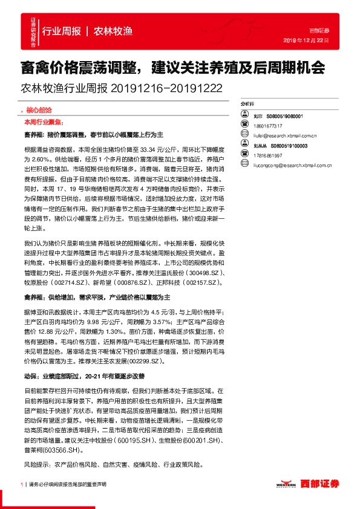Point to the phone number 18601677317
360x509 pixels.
269,126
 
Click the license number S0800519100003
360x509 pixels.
289,146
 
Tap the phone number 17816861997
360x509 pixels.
269,155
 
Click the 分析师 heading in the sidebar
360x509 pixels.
249,103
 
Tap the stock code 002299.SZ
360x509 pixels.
143,360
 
